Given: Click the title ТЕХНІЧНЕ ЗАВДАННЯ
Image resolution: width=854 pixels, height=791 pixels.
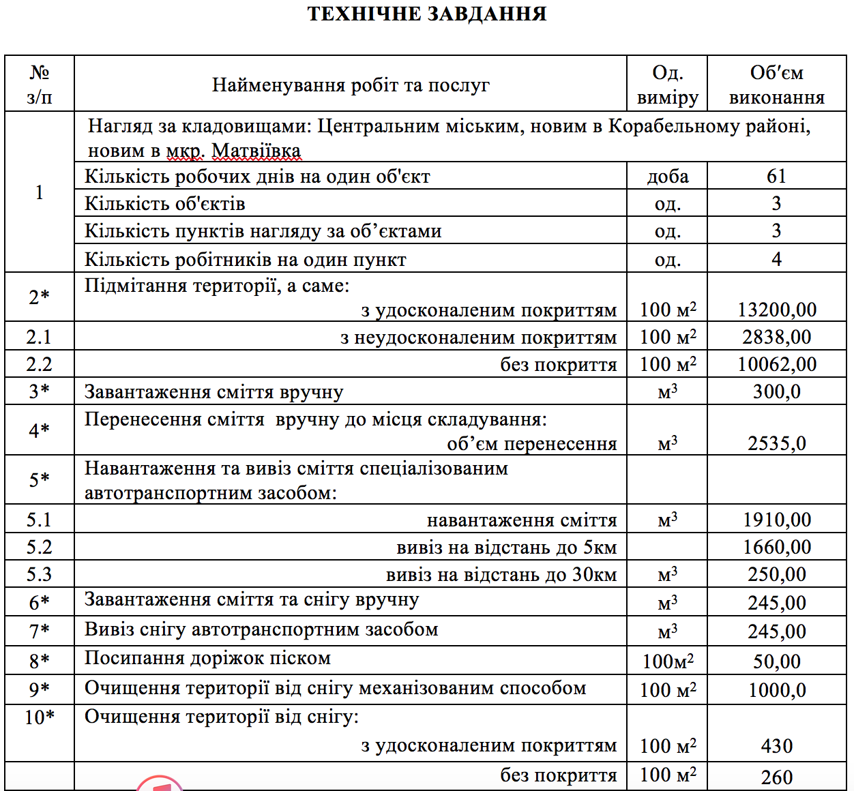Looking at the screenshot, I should pos(427,14).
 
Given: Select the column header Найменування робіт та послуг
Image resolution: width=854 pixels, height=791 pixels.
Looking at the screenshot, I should pos(351,85).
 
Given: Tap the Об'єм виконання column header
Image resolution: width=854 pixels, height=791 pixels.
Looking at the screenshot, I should pos(776,85).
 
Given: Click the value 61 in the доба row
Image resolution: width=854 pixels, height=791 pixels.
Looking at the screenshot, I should pos(776,176).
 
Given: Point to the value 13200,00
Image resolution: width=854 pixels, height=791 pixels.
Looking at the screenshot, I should pos(776,310).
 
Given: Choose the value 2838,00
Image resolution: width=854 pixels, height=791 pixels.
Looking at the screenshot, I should pos(776,337).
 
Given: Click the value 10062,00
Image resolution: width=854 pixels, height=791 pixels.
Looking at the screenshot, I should pos(776,364).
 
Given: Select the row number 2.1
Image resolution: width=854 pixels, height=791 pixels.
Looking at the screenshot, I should pos(39,337).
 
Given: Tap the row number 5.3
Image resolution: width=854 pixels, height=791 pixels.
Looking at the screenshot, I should pos(39,574).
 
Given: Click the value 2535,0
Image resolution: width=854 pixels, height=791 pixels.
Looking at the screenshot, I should pos(776,443).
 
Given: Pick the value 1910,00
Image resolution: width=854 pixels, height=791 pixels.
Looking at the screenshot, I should pos(776,520).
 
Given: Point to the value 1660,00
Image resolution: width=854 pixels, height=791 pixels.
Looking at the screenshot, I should pos(776,547).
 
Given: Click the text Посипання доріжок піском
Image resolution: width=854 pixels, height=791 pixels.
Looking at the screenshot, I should pos(207,659).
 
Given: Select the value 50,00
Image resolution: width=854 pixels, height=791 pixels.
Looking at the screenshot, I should pos(776,661).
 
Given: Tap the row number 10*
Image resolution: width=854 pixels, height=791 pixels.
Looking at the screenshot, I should pos(39,717).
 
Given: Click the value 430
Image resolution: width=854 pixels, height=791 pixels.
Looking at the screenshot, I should pos(776,746).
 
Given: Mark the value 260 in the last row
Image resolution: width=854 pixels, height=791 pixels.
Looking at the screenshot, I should pos(776,777).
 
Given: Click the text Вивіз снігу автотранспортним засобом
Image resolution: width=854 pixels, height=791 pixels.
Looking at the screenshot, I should pos(261,629).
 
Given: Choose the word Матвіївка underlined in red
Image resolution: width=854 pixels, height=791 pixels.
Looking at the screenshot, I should pos(256,151).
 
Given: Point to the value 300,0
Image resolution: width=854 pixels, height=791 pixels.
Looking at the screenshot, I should pos(776,391).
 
